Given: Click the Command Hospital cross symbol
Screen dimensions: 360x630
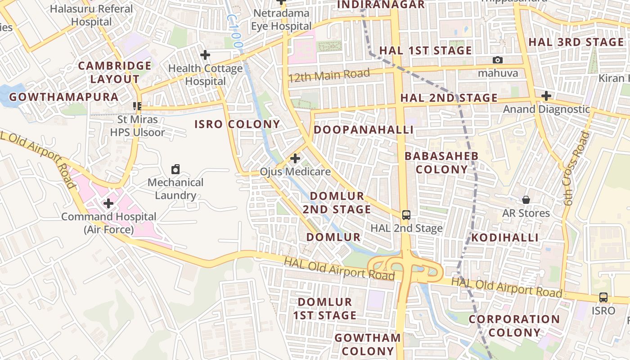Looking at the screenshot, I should [108, 203].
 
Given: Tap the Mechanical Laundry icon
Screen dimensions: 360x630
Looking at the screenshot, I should [175, 170].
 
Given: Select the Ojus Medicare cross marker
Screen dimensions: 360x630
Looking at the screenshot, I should [295, 158].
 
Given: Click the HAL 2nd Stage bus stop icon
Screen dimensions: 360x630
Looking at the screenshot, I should [406, 215].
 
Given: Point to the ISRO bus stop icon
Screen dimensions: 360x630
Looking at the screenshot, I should [603, 297].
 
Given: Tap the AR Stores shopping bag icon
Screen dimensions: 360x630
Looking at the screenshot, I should [526, 200].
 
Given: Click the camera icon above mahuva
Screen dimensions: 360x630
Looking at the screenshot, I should [498, 60].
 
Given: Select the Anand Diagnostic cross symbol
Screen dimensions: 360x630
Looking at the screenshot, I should [546, 96].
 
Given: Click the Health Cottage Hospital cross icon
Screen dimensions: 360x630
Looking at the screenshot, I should [205, 55].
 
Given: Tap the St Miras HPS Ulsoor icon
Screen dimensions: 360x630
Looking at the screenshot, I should [138, 106].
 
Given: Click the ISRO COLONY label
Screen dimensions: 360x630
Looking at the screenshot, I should [237, 124].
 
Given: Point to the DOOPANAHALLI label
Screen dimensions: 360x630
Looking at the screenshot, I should [363, 130].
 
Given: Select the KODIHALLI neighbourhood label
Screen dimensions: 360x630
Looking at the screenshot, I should [505, 238].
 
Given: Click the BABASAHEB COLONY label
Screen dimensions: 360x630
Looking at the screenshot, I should [441, 162].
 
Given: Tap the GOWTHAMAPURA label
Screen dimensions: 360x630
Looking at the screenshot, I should [63, 97].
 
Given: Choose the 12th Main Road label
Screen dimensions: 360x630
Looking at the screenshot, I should [329, 75].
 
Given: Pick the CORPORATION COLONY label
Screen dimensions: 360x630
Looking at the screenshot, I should [514, 326].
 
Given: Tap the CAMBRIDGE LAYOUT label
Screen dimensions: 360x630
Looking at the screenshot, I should [115, 72].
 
